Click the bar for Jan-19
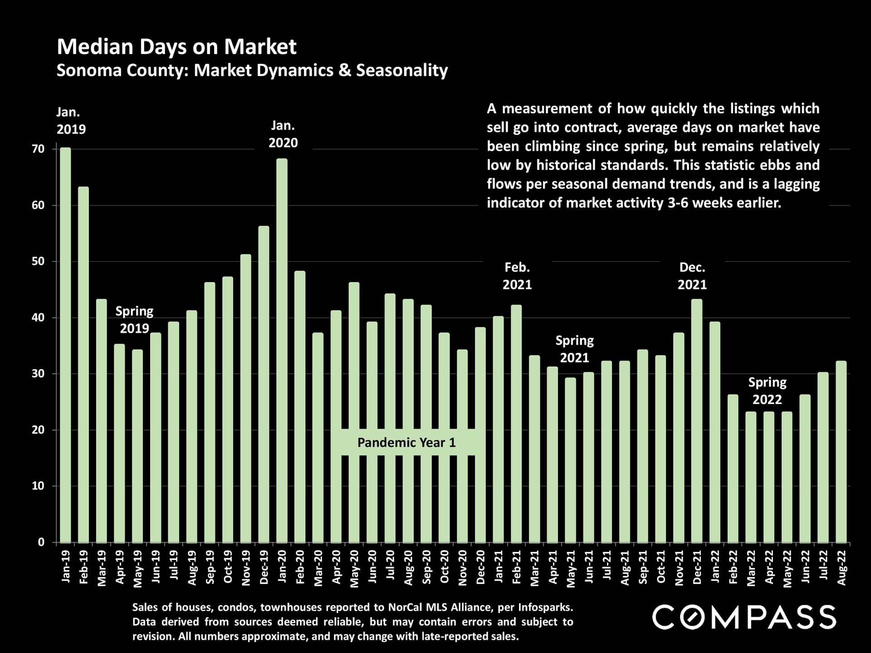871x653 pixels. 65,345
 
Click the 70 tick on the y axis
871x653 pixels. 39,149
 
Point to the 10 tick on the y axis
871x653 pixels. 39,486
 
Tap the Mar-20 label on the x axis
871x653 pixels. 318,568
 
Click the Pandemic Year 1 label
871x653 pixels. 406,443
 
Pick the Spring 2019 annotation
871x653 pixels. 134,320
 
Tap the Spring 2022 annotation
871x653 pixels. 767,391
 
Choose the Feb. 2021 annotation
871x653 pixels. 517,276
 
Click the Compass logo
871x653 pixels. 744,617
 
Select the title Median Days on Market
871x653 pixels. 176,47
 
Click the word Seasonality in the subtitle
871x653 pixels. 402,70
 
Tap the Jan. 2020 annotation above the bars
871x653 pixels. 283,134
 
